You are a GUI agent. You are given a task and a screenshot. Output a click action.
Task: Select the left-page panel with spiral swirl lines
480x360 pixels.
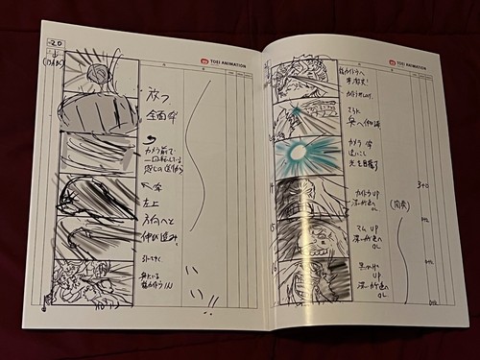point(94,195)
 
